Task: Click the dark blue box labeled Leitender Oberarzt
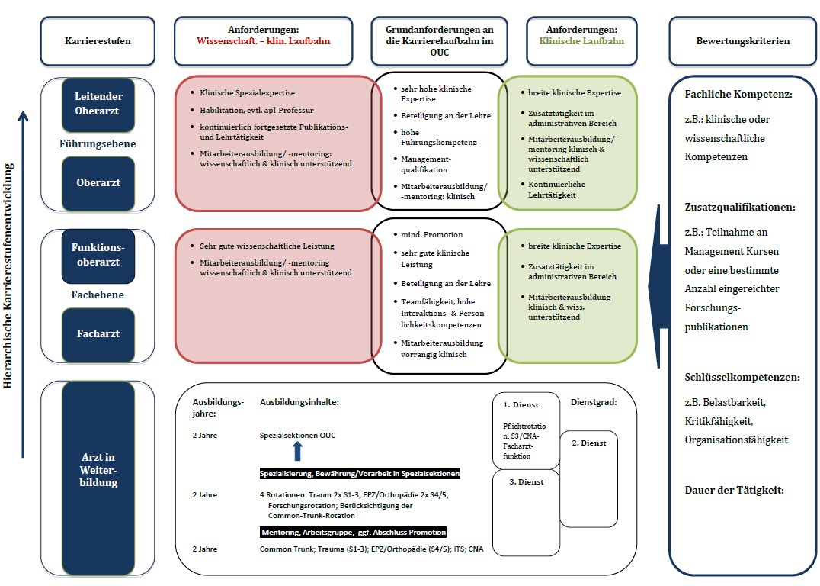[98, 105]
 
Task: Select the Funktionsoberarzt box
[98, 256]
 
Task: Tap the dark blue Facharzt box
[98, 334]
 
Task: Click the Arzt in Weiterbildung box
[98, 478]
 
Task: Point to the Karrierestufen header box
[98, 41]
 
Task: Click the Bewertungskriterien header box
[742, 41]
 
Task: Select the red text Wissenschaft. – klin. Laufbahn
[264, 41]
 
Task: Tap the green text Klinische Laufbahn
[581, 41]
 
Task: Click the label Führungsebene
[98, 143]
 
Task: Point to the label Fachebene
[98, 295]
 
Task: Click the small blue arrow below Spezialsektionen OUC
[297, 451]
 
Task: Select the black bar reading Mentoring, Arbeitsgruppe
[354, 532]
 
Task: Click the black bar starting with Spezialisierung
[360, 473]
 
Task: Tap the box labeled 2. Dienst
[589, 478]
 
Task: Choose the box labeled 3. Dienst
[526, 513]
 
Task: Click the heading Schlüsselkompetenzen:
[742, 378]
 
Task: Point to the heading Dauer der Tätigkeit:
[734, 491]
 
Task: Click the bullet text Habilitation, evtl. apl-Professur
[257, 111]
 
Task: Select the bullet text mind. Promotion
[432, 234]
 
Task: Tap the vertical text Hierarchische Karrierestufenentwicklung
[8, 276]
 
